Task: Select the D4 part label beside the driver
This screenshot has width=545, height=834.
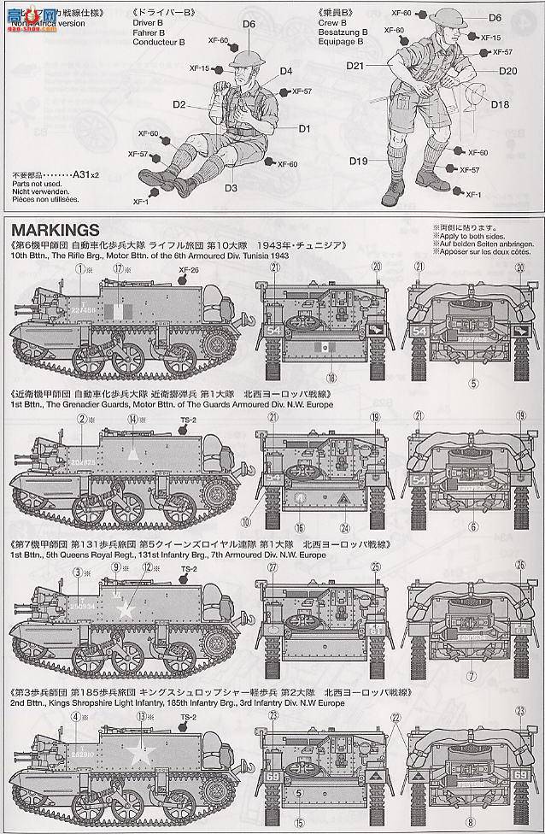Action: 285,71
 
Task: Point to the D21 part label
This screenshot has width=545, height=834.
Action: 355,66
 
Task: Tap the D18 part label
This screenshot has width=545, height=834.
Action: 501,104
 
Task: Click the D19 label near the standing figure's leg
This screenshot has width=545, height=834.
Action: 358,162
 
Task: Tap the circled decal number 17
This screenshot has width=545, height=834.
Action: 118,268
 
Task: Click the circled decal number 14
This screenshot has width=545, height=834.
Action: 133,419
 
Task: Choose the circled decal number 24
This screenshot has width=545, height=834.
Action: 344,526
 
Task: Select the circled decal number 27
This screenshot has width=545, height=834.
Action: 273,567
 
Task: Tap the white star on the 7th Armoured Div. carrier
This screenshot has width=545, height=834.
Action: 127,609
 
